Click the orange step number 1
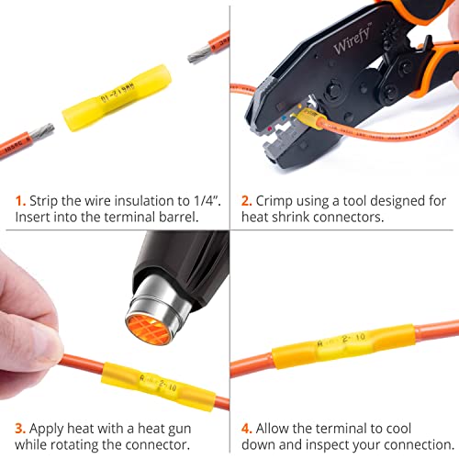pos(20,200)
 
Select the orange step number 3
pos(20,428)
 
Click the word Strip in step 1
pos(46,200)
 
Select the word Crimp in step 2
pos(277,200)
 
